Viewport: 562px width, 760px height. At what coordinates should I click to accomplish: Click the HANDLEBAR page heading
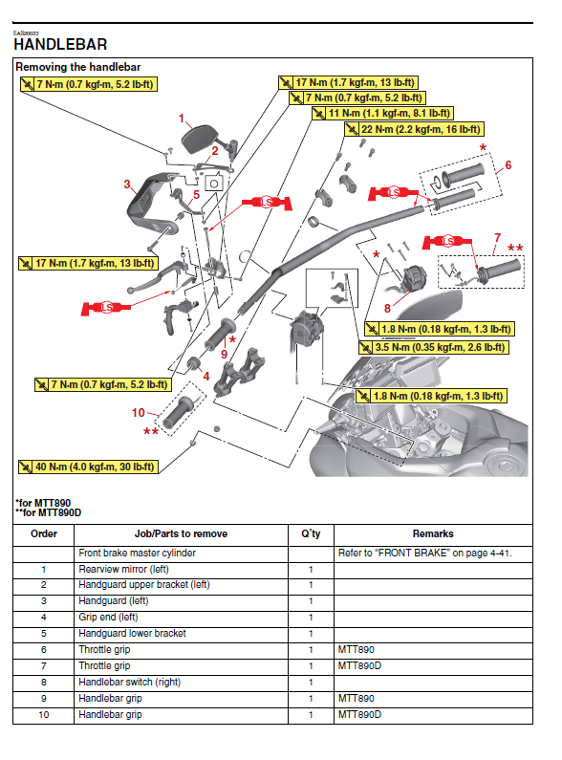click(x=60, y=45)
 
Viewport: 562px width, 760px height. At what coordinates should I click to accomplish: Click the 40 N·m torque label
click(x=88, y=467)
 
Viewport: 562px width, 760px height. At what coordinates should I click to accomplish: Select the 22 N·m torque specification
click(x=414, y=129)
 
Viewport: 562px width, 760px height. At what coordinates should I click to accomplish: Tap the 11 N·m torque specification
click(x=382, y=114)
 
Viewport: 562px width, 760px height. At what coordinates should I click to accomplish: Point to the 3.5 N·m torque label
click(x=434, y=347)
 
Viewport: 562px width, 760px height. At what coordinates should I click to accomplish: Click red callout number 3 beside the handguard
click(x=127, y=185)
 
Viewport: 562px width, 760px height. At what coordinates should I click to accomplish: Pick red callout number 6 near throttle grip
click(x=508, y=165)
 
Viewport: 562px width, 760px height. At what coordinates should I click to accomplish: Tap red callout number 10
click(x=138, y=412)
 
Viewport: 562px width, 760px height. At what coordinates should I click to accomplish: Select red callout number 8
click(x=387, y=308)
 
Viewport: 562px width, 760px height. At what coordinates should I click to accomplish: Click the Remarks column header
click(x=433, y=533)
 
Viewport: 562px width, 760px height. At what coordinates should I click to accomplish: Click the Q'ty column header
click(x=311, y=533)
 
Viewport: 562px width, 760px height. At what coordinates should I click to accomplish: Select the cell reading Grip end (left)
click(x=109, y=617)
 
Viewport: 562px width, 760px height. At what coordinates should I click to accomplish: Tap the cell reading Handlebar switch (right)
click(x=129, y=682)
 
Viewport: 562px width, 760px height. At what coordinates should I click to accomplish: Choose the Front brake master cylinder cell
click(x=137, y=554)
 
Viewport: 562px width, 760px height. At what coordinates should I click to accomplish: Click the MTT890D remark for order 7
click(x=359, y=666)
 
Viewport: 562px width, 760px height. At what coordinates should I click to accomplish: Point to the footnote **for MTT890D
click(x=48, y=512)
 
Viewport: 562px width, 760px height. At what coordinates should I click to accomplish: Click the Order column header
click(x=44, y=533)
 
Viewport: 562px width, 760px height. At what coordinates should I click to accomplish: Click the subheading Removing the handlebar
click(x=78, y=67)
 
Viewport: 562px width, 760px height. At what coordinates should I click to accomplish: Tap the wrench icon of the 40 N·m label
click(x=25, y=467)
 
